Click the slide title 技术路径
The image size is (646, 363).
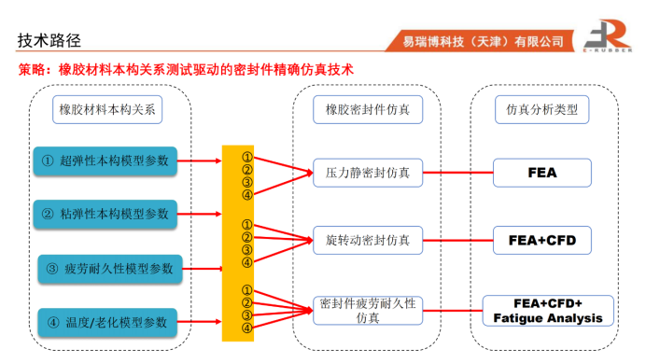49,40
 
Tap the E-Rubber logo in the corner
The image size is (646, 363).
608,35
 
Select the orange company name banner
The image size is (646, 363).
480,41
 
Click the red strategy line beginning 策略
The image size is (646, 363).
186,69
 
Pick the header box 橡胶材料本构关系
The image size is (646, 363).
107,109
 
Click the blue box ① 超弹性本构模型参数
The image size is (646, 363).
105,161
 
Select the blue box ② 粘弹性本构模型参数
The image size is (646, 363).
105,214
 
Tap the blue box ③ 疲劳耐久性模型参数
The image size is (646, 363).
110,269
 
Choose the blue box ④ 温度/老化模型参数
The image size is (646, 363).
107,322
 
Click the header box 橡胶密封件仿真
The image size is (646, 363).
368,109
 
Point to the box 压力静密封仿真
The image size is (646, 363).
368,173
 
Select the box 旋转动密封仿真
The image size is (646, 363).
368,240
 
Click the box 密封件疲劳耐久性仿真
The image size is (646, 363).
368,311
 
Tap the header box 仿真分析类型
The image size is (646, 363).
541,109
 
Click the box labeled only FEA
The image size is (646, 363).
542,173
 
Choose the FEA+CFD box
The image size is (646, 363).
542,240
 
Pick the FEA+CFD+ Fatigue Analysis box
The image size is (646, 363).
548,311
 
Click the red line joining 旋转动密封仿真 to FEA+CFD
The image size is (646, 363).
458,240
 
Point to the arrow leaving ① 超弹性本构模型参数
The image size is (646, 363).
200,161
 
